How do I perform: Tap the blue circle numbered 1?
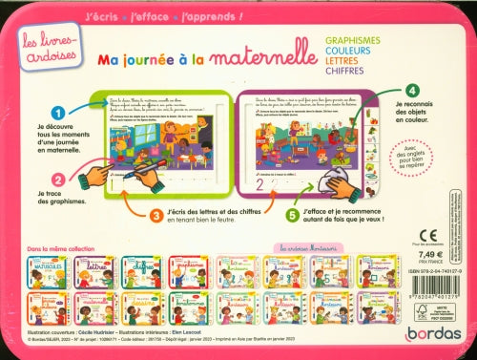click(58, 117)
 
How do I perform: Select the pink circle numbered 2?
click(58, 179)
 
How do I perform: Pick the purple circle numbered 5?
click(265, 215)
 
